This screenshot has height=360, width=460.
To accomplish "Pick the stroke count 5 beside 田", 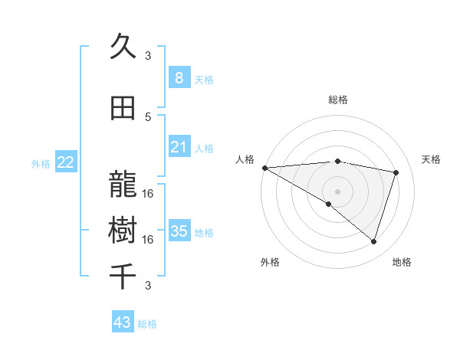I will pyautogui.click(x=148, y=116).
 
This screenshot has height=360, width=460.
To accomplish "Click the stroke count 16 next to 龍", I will pyautogui.click(x=148, y=193).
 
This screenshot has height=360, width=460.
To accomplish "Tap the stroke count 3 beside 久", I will pyautogui.click(x=148, y=55).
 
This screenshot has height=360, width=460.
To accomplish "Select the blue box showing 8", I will pyautogui.click(x=179, y=77).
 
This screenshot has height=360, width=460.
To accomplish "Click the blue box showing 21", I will pyautogui.click(x=179, y=147).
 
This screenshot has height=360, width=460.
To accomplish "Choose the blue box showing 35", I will pyautogui.click(x=179, y=231).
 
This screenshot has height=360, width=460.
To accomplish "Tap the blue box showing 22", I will pyautogui.click(x=66, y=162).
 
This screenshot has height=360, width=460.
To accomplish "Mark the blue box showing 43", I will pyautogui.click(x=123, y=322).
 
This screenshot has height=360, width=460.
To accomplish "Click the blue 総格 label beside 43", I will pyautogui.click(x=148, y=324).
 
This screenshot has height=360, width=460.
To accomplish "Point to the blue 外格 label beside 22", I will pyautogui.click(x=41, y=163).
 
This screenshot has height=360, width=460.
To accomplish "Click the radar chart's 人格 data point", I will pyautogui.click(x=264, y=167).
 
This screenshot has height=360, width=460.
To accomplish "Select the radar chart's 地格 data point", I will pyautogui.click(x=373, y=241).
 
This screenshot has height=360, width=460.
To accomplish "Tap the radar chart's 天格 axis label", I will pyautogui.click(x=431, y=159).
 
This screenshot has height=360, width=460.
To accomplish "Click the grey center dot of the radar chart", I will pyautogui.click(x=337, y=189).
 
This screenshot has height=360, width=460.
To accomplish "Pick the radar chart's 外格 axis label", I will pyautogui.click(x=269, y=262).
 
